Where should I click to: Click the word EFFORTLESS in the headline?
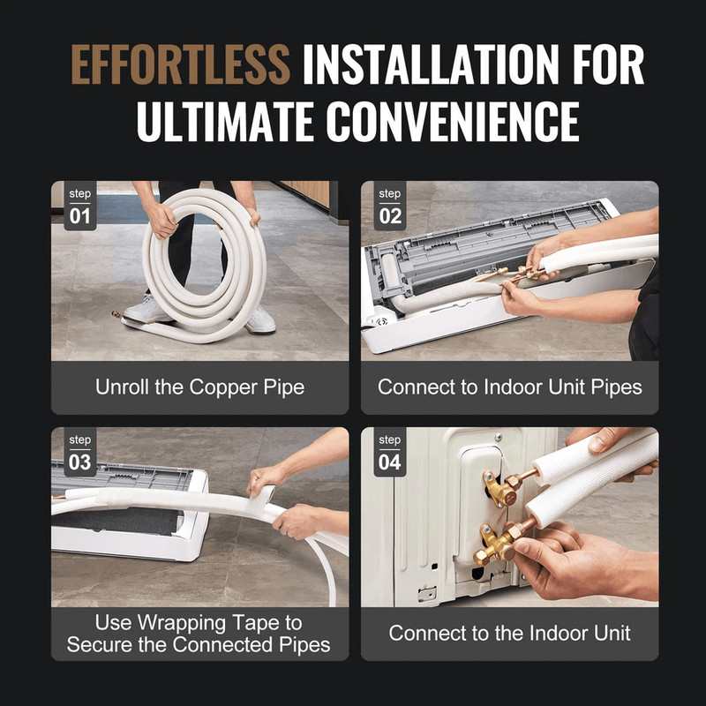click(x=179, y=64)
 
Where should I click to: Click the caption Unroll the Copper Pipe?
click(x=199, y=387)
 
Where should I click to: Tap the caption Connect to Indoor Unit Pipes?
click(x=509, y=387)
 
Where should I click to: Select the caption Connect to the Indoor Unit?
click(x=509, y=633)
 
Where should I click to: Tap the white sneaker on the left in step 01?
click(x=145, y=310)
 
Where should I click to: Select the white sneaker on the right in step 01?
click(x=259, y=320)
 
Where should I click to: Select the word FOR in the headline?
click(x=605, y=64)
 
